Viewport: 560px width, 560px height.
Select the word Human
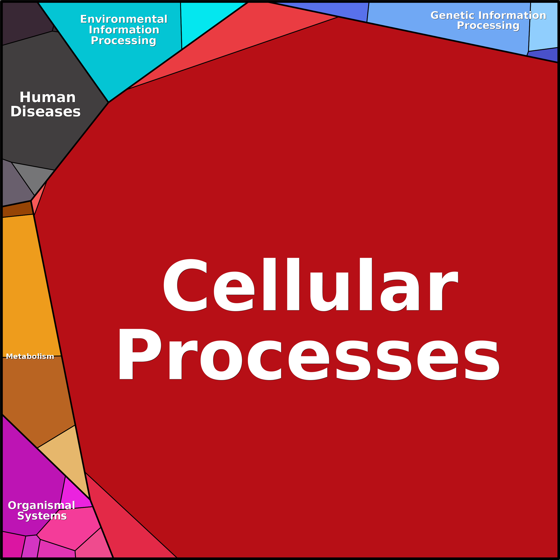[x=47, y=97]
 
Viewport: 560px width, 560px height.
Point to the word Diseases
[x=45, y=112]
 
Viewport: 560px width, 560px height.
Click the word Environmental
[x=124, y=19]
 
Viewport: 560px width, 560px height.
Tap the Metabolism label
[x=30, y=356]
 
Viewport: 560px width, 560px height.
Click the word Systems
[x=42, y=516]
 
